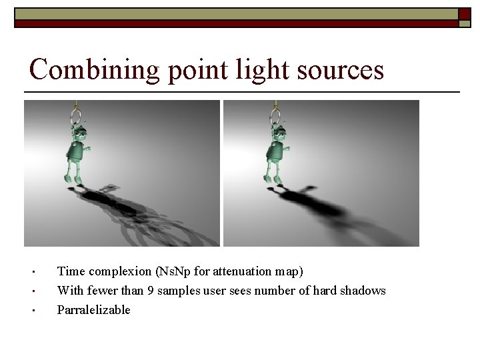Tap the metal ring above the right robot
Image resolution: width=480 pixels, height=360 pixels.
pos(275,117)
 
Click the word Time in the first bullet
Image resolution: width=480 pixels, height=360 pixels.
pos(71,271)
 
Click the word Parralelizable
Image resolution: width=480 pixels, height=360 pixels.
pos(94,310)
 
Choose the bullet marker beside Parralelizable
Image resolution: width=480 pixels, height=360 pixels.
pos(32,311)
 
